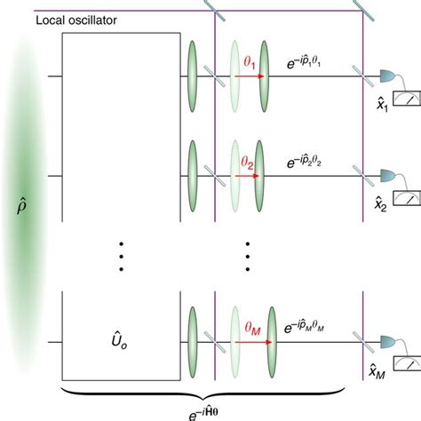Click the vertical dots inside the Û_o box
point(123,258)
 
